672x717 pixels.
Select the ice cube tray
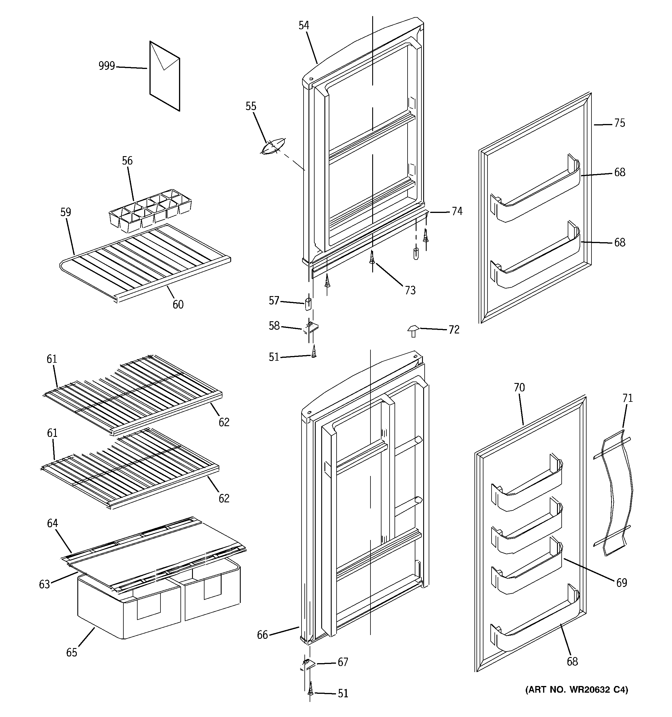point(150,210)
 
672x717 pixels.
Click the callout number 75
point(619,123)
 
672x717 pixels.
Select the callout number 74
point(457,211)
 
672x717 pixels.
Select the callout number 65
point(72,652)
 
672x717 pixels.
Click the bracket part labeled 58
point(311,327)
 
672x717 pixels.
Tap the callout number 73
point(410,290)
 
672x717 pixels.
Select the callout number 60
point(178,305)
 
